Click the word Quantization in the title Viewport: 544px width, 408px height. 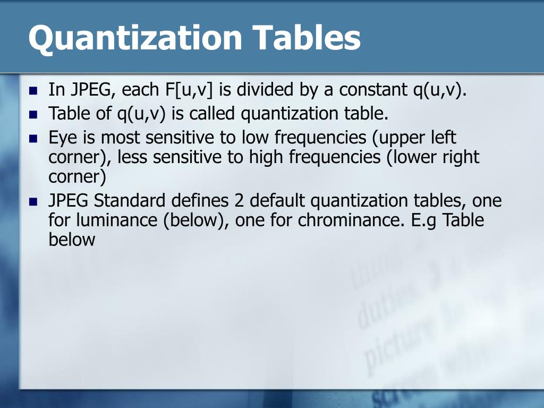click(135, 38)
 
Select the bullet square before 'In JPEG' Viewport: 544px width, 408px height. click(34, 90)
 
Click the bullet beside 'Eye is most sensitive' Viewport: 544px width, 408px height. click(34, 139)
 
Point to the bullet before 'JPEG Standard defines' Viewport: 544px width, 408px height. click(34, 202)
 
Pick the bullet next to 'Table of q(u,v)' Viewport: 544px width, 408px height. click(34, 114)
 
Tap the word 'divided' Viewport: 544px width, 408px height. click(263, 90)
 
